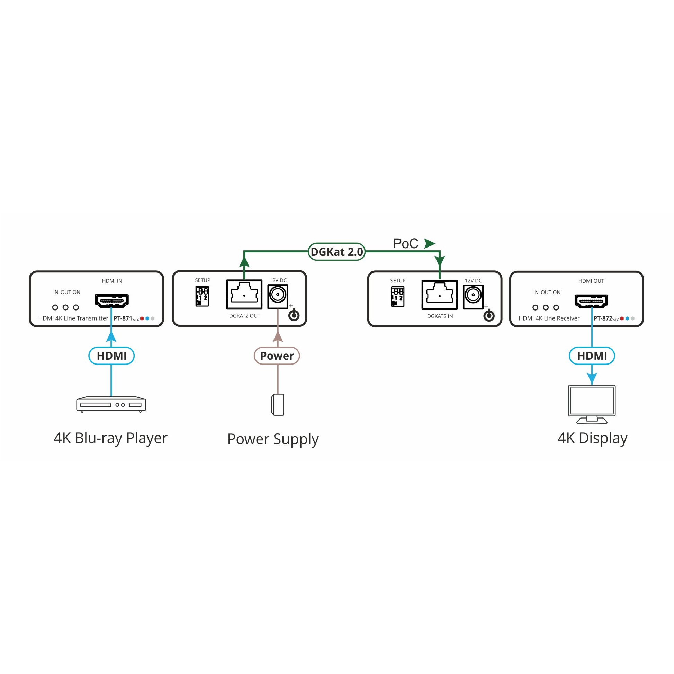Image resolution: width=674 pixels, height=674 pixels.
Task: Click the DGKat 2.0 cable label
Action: click(x=336, y=252)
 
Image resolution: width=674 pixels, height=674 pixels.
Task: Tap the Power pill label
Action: click(x=277, y=356)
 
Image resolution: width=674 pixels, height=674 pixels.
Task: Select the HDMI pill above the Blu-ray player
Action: click(x=111, y=356)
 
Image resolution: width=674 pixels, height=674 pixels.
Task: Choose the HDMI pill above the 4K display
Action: click(x=592, y=356)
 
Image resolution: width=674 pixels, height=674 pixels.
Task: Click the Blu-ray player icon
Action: click(x=111, y=404)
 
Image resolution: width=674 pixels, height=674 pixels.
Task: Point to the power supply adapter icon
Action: click(x=278, y=405)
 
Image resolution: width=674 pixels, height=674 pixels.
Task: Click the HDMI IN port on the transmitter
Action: click(x=112, y=301)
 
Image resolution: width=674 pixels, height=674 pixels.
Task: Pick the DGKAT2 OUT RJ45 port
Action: click(x=244, y=295)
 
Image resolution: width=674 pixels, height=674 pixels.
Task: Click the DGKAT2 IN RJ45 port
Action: click(x=440, y=295)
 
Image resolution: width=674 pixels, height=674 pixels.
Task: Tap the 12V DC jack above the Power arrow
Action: click(x=278, y=297)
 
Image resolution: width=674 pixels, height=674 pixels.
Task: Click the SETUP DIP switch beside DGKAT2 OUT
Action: click(x=203, y=296)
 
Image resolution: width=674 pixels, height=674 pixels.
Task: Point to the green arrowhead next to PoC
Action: click(x=430, y=243)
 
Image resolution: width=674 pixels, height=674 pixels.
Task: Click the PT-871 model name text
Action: click(x=123, y=318)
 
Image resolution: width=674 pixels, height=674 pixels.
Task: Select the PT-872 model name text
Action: click(x=603, y=318)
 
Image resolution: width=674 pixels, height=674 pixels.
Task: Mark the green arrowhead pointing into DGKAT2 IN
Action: click(x=440, y=261)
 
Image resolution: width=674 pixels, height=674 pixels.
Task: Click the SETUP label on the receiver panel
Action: click(x=398, y=281)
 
